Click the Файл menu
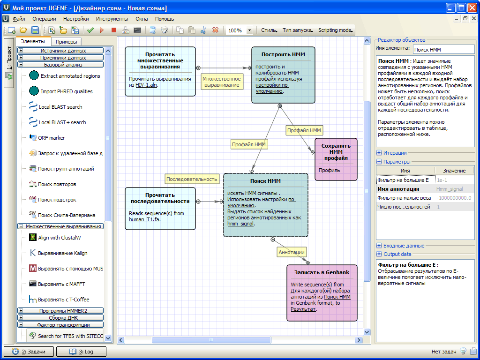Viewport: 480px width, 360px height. (19, 19)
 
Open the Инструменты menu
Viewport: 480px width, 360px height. (112, 19)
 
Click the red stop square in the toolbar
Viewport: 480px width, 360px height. (114, 30)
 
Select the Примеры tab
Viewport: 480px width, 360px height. (67, 42)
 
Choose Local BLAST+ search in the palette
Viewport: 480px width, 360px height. (62, 122)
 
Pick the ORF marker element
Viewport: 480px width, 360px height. (51, 138)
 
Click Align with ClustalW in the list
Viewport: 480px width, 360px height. (60, 238)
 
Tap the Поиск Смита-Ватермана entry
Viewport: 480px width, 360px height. (67, 215)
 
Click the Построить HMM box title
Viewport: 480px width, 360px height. (283, 54)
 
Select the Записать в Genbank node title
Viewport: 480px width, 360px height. (322, 272)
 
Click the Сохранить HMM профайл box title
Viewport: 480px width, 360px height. (336, 152)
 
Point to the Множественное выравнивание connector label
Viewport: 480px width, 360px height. (222, 82)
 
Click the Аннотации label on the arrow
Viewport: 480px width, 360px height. (292, 252)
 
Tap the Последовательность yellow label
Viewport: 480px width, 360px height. (192, 179)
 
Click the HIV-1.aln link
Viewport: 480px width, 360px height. (146, 85)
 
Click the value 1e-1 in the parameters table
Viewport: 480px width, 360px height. (442, 180)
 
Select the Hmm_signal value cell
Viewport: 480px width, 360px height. (450, 189)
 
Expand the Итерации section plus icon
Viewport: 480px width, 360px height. (379, 153)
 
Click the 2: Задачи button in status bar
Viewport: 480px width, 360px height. (29, 352)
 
